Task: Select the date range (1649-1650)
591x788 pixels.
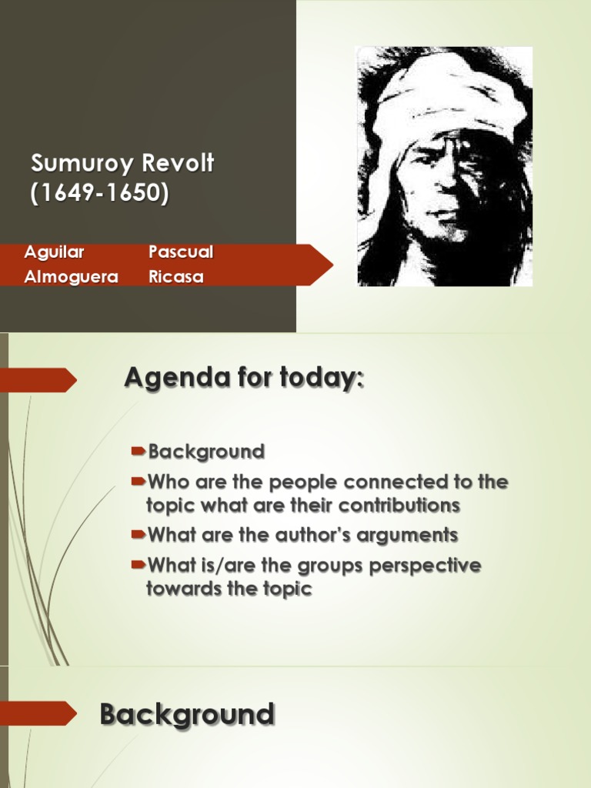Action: (99, 193)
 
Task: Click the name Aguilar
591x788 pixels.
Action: (54, 252)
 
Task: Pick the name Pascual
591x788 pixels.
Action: (181, 252)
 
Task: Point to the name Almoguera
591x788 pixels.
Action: (71, 277)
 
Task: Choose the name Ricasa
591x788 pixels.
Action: (176, 277)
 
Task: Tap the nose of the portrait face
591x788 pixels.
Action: (445, 185)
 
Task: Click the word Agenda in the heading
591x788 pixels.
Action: (167, 379)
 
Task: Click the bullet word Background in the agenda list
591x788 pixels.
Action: (206, 452)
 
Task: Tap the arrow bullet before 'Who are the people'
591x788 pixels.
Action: (138, 482)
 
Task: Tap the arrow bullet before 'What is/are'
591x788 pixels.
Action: (138, 565)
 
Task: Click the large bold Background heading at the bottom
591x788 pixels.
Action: (187, 714)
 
